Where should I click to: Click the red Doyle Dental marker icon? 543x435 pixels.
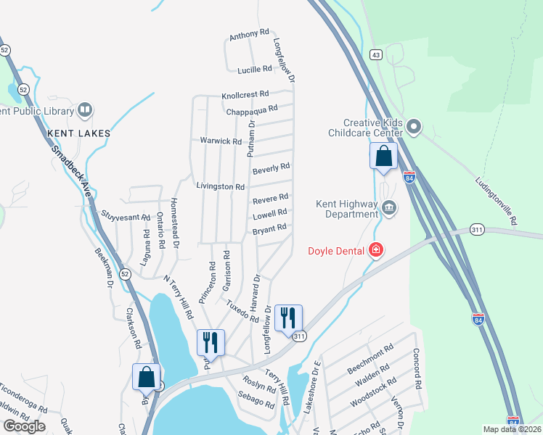[376, 251]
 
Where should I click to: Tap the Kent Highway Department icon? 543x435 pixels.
[389, 209]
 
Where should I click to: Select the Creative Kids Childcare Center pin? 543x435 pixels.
[415, 128]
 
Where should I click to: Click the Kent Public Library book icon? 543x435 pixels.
[85, 111]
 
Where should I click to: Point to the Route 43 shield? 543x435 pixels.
[375, 54]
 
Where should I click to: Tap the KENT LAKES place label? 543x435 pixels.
[78, 133]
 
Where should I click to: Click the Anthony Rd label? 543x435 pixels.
[249, 35]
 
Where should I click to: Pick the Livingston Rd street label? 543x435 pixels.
[220, 186]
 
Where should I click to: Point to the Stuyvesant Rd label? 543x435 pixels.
[126, 216]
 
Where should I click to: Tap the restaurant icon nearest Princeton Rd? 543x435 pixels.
[211, 343]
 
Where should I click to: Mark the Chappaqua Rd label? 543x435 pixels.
[252, 110]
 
